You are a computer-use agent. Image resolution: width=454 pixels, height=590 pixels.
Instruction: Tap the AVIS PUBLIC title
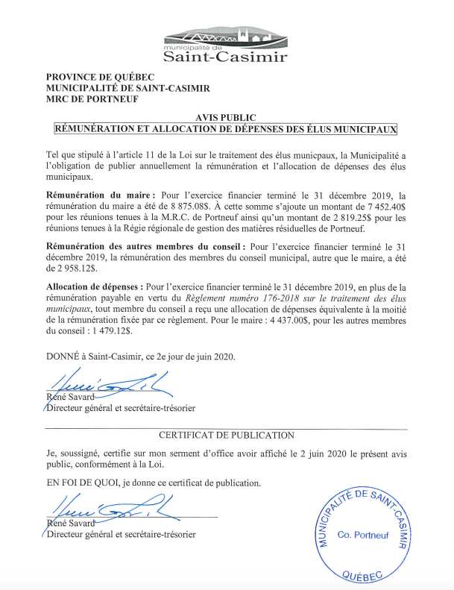coord(226,118)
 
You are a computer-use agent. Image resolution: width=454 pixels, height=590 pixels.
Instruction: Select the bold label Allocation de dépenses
coord(95,286)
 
